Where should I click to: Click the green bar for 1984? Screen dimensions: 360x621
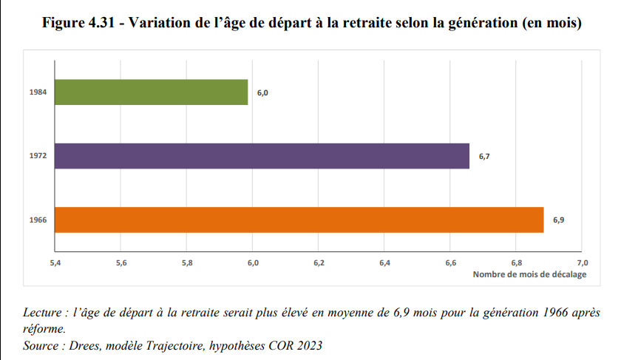coord(152,92)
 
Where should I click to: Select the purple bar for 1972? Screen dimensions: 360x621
coord(262,156)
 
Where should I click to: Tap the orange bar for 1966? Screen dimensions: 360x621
coord(299,220)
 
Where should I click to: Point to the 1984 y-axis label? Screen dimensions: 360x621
coord(38,92)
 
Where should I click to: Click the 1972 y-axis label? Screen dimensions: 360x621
coord(38,156)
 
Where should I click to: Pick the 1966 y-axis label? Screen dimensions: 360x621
coord(38,220)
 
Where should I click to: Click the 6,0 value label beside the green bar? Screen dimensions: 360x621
coord(262,93)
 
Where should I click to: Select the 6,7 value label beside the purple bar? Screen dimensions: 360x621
coord(484,157)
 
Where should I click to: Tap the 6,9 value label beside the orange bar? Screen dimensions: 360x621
coord(558,220)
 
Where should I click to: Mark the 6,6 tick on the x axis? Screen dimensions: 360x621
coord(450,263)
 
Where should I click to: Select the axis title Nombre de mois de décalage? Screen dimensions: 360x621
coord(529,274)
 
